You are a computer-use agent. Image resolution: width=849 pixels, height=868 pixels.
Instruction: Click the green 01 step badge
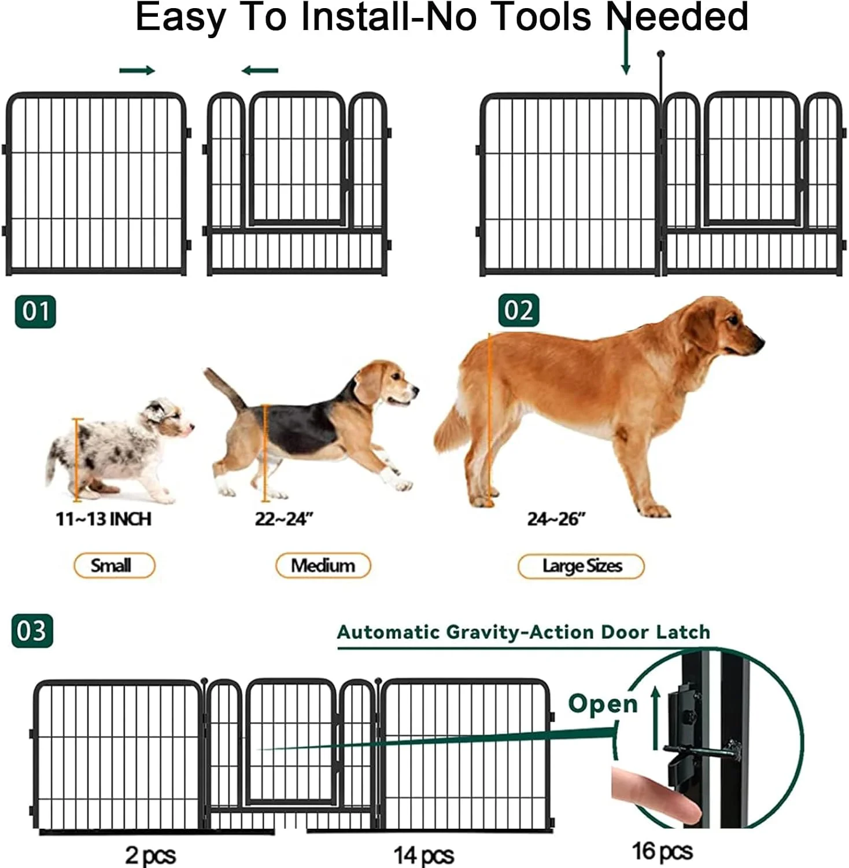pyautogui.click(x=35, y=311)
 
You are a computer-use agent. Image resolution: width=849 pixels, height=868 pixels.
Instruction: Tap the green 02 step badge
pyautogui.click(x=519, y=311)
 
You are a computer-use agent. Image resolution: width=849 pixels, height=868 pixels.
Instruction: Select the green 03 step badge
pyautogui.click(x=32, y=631)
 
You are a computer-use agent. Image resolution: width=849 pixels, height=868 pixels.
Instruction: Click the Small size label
pyautogui.click(x=114, y=565)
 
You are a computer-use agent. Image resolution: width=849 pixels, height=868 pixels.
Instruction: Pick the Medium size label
pyautogui.click(x=323, y=565)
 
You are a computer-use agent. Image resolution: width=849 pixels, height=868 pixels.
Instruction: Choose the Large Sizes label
pyautogui.click(x=581, y=566)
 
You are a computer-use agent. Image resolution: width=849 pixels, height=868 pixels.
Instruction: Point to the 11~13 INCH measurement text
pyautogui.click(x=104, y=518)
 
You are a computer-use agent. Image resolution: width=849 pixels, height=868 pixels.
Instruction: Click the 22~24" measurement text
pyautogui.click(x=283, y=518)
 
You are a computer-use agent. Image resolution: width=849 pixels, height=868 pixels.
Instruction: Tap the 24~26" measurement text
pyautogui.click(x=556, y=518)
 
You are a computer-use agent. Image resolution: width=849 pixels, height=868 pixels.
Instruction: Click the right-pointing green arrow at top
pyautogui.click(x=137, y=71)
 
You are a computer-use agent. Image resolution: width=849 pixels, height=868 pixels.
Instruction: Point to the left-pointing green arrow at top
pyautogui.click(x=260, y=71)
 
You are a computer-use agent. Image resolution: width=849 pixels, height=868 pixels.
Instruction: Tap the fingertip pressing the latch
pyautogui.click(x=688, y=807)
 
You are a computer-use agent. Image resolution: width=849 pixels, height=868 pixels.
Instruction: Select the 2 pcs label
pyautogui.click(x=150, y=855)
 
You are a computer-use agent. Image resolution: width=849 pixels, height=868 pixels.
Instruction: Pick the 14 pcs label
pyautogui.click(x=423, y=855)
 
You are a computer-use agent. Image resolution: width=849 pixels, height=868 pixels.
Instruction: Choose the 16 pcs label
pyautogui.click(x=662, y=851)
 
